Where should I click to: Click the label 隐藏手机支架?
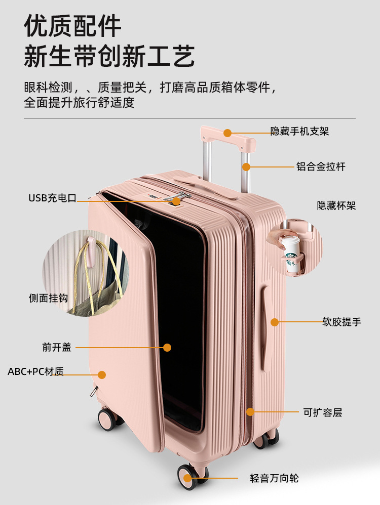point(299,132)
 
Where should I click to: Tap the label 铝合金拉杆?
point(321,166)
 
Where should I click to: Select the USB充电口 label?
point(52,198)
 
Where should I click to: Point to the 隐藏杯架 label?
point(336,205)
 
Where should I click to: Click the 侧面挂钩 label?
point(48,299)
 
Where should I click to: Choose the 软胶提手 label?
point(341,322)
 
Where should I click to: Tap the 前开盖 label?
point(57,348)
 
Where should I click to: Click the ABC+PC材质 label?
point(35,372)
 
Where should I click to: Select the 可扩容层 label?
point(323,412)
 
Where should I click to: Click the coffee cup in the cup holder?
point(292,254)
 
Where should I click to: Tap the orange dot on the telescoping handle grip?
point(227,133)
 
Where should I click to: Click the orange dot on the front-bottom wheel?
point(187,478)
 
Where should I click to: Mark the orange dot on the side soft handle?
point(274,322)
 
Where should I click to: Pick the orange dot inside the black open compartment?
point(167,348)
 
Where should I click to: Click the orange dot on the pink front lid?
point(102,375)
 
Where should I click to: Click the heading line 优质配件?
point(73,26)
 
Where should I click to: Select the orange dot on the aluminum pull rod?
point(246,166)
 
